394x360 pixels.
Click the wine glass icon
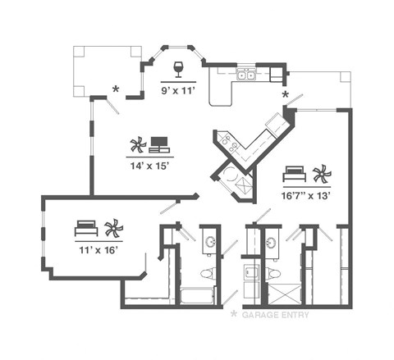178,66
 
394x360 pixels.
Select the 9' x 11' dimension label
178,90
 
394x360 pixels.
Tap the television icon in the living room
159,145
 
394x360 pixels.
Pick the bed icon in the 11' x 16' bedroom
86,226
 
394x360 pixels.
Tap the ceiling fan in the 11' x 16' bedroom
112,226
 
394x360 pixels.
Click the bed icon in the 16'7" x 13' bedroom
294,174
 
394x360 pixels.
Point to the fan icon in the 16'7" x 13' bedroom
321,174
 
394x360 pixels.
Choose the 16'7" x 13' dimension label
306,196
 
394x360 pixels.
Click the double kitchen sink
245,75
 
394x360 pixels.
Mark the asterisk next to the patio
116,89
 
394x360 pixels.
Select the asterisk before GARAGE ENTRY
234,314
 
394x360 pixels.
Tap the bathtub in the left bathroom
197,295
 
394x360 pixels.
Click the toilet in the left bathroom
207,273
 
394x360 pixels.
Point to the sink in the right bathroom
273,243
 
